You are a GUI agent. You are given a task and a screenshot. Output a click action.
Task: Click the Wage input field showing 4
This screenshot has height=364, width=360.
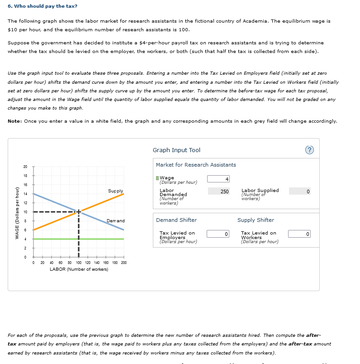point(219,179)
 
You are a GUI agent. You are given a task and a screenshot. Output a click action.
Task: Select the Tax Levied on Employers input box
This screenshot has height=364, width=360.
point(219,234)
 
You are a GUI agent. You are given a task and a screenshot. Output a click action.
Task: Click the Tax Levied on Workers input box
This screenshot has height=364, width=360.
point(299,234)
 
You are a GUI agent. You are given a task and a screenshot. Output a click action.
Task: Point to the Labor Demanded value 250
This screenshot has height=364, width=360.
point(219,192)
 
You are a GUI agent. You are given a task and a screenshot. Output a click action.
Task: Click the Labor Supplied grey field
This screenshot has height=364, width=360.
point(299,192)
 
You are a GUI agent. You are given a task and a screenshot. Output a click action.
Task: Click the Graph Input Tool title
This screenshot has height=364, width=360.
point(176,150)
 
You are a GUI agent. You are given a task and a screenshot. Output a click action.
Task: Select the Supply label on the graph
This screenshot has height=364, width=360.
point(115,191)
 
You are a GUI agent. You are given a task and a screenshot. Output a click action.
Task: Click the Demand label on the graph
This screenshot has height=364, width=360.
point(115,220)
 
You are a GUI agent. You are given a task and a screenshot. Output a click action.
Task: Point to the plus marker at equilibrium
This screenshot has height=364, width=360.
point(79,211)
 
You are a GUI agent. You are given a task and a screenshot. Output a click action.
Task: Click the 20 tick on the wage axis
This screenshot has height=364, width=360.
point(25,167)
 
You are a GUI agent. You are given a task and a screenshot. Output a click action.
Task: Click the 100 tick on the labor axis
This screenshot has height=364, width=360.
point(79,263)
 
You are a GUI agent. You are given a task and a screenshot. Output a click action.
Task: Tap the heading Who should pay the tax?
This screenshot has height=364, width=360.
point(43,6)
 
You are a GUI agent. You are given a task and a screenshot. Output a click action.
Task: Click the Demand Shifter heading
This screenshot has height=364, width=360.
point(176,220)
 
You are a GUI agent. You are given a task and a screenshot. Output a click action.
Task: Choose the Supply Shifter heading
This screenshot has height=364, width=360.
point(256,220)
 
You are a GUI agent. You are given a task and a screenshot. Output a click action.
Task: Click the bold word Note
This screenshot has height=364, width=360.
point(15,121)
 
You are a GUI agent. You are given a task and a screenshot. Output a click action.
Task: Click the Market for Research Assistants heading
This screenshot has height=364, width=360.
point(196,165)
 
